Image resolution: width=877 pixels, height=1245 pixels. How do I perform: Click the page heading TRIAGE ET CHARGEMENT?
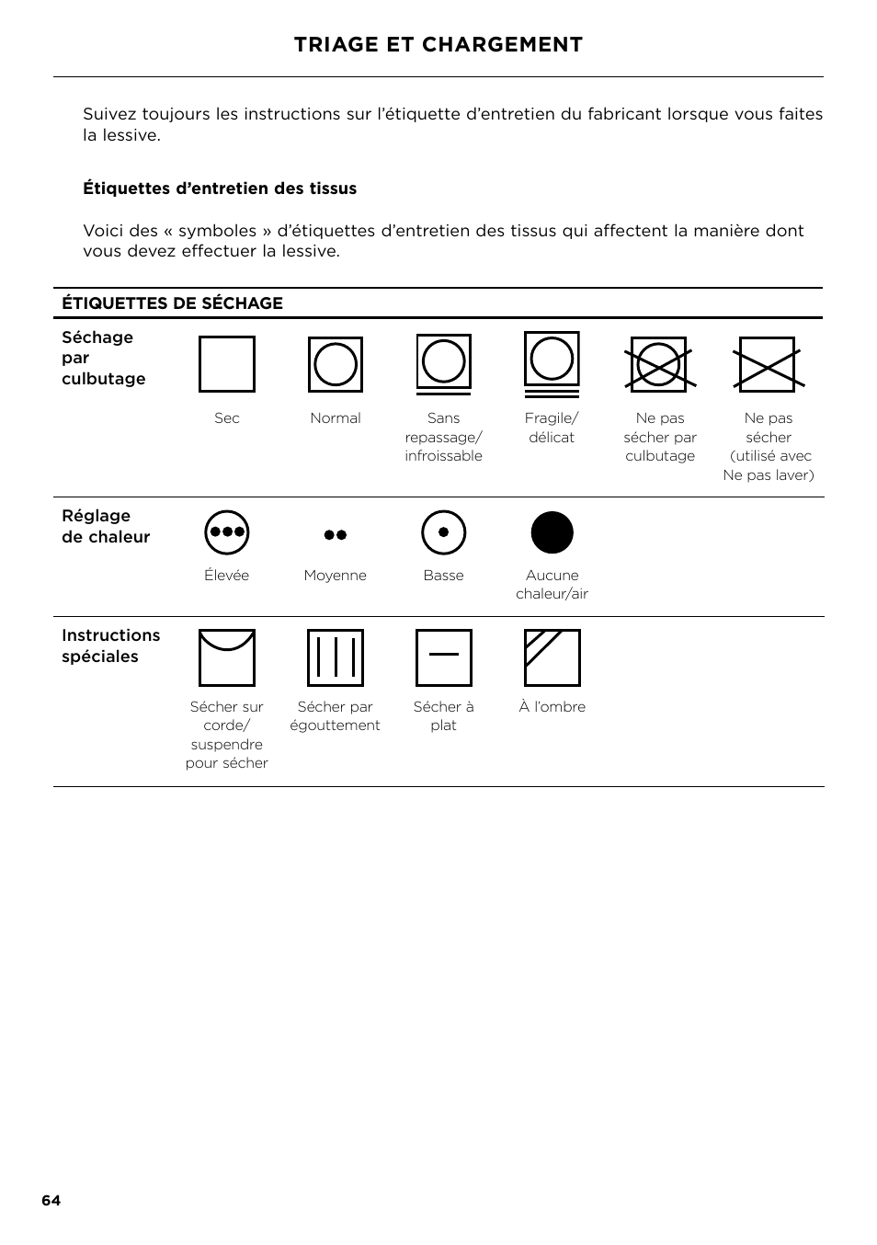pos(438,45)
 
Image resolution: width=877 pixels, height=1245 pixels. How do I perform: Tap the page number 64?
pos(51,1201)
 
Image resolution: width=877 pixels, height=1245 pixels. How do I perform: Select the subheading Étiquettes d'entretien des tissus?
pos(220,188)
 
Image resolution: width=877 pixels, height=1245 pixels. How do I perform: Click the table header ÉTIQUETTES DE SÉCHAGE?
pos(172,303)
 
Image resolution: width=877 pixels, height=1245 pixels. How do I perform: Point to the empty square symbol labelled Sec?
pos(227,364)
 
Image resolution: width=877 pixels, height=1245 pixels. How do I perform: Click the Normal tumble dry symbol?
pos(336,364)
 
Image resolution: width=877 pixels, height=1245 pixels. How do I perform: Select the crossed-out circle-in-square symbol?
pos(659,364)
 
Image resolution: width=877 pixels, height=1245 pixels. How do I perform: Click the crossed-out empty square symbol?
pos(768,364)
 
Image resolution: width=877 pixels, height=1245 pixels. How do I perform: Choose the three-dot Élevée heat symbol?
pos(227,532)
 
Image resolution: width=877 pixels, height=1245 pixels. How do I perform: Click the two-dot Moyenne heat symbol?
pos(336,534)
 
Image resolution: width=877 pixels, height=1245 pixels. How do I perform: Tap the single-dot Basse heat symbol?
pos(444,532)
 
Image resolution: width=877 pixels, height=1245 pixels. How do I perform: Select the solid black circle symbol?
pos(552,532)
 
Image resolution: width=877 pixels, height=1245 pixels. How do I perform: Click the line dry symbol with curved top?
pos(227,657)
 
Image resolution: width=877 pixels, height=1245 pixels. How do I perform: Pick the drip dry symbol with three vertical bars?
pos(336,657)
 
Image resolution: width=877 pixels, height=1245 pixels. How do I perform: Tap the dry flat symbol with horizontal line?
pos(444,657)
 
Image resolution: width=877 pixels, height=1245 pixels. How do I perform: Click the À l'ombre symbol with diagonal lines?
pos(552,657)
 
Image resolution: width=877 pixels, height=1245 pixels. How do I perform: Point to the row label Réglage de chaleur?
pos(105,526)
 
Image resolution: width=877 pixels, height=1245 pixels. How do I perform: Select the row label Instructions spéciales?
pos(110,645)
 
